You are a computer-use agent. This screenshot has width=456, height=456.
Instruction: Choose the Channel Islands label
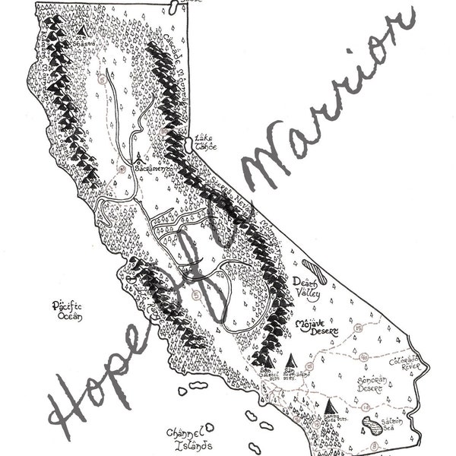click(x=186, y=438)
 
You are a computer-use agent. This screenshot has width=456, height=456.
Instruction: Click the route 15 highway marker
click(x=356, y=329)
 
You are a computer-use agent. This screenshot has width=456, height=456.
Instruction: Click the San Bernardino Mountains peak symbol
click(x=290, y=359)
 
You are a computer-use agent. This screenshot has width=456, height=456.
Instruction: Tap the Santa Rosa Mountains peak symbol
click(x=329, y=408)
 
